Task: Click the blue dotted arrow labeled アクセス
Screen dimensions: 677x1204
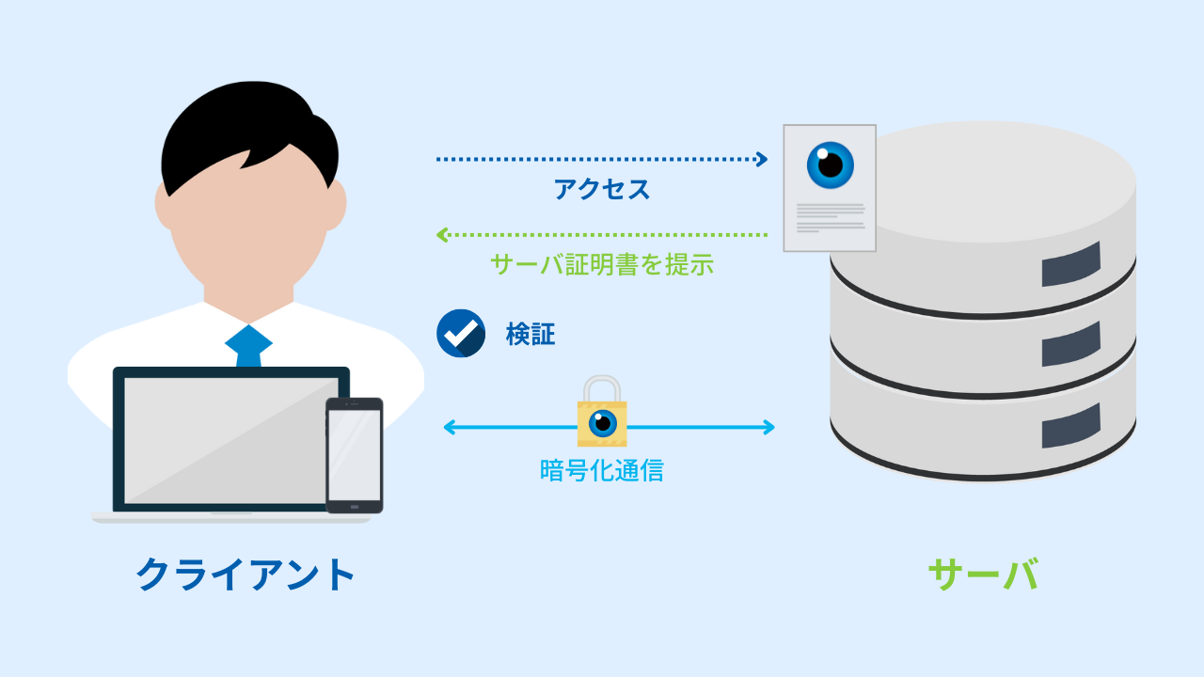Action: pos(602,159)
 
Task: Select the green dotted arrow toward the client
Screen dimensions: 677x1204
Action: pos(602,234)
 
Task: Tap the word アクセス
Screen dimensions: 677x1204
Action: pos(602,190)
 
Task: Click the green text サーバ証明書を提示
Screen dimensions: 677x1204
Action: pos(602,264)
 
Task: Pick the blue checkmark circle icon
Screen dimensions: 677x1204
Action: pos(461,333)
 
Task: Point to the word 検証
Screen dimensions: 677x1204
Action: pos(531,334)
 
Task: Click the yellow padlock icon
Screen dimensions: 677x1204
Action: pos(602,414)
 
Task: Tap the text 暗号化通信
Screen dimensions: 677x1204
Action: pos(602,470)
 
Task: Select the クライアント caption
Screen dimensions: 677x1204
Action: pos(246,574)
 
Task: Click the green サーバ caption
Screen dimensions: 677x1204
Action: pos(983,574)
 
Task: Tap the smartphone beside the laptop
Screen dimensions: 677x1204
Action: pos(355,456)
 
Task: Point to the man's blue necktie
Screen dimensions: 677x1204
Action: pos(248,346)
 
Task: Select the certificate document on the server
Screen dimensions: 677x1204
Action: pos(830,188)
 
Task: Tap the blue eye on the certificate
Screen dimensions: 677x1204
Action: pos(831,165)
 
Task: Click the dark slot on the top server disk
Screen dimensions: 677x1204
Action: pos(1070,264)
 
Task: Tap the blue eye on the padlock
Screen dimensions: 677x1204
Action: pos(602,423)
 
